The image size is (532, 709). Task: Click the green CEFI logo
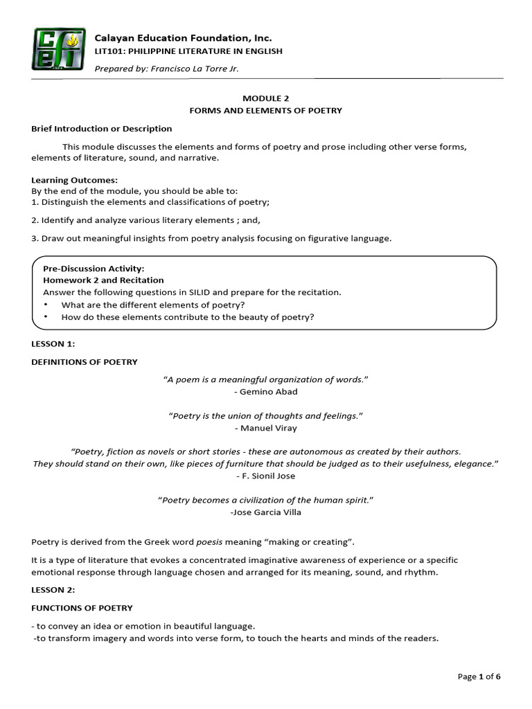[58, 48]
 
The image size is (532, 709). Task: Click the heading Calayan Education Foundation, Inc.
[183, 37]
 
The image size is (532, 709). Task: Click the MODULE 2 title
[266, 98]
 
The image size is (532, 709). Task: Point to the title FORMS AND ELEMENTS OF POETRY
[266, 111]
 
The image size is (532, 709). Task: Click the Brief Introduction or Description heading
[101, 129]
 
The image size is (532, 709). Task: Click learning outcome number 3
[211, 239]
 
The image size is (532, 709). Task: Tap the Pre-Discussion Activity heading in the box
[94, 269]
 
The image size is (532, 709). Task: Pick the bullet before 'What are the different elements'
[46, 305]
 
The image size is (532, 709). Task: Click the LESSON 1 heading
[53, 344]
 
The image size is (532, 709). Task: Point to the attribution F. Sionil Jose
[266, 476]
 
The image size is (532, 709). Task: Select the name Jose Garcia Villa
[266, 512]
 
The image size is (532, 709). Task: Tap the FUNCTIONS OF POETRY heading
[82, 609]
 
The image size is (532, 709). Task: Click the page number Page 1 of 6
[479, 676]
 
